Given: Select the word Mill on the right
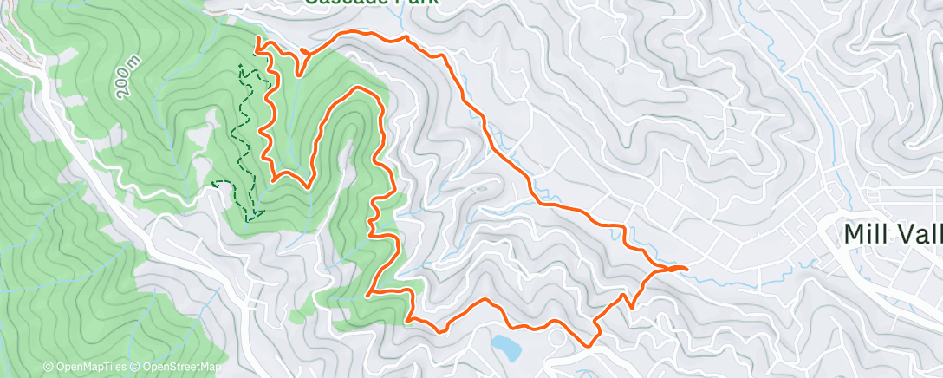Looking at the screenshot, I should pos(869,234).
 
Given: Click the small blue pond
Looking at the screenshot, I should pos(506,347).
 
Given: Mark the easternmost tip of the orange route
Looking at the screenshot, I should pos(686,269).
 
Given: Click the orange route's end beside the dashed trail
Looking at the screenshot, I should pos(257,40).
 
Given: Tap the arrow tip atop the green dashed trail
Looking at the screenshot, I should pos(240,65).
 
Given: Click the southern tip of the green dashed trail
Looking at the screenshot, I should pos(248,220).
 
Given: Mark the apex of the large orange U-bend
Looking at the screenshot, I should pos(358,88).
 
